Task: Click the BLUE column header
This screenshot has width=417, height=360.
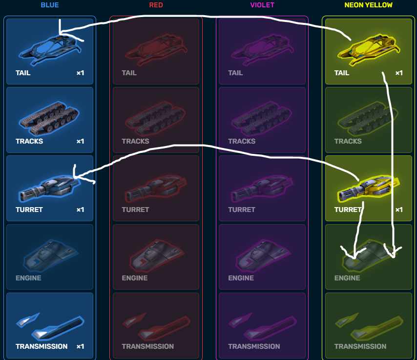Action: [x=50, y=5]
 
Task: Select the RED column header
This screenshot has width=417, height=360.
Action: [x=156, y=5]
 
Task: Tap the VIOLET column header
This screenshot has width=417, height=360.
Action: [x=262, y=5]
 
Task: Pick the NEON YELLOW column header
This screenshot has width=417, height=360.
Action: [x=368, y=5]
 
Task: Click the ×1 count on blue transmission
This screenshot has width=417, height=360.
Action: [x=80, y=346]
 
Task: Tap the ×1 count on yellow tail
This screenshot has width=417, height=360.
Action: [x=399, y=73]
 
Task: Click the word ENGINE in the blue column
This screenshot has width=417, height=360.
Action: [x=28, y=278]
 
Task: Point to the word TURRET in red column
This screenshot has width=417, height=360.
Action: [x=135, y=210]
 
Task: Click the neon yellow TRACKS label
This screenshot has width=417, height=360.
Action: [x=348, y=141]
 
